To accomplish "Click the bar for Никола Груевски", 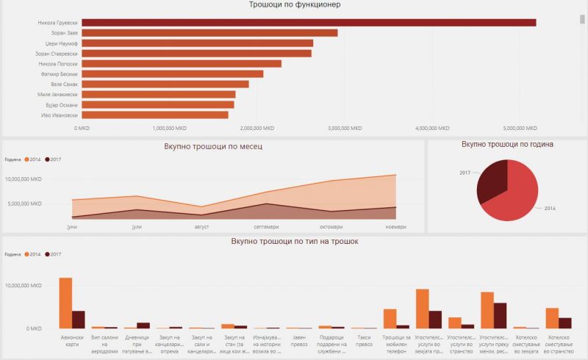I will (309, 23).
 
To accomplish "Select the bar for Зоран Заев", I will (209, 33).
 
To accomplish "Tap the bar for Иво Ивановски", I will (154, 115).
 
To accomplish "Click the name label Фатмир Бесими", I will (58, 73).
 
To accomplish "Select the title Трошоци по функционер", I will (295, 5).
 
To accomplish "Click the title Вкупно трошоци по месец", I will (214, 146).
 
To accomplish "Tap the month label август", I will (202, 227).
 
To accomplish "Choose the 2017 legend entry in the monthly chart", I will (53, 159).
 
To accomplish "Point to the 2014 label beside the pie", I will (550, 209).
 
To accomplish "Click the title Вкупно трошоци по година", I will (507, 145).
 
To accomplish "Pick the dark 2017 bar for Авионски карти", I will (78, 319).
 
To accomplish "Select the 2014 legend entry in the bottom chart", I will (32, 254).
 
